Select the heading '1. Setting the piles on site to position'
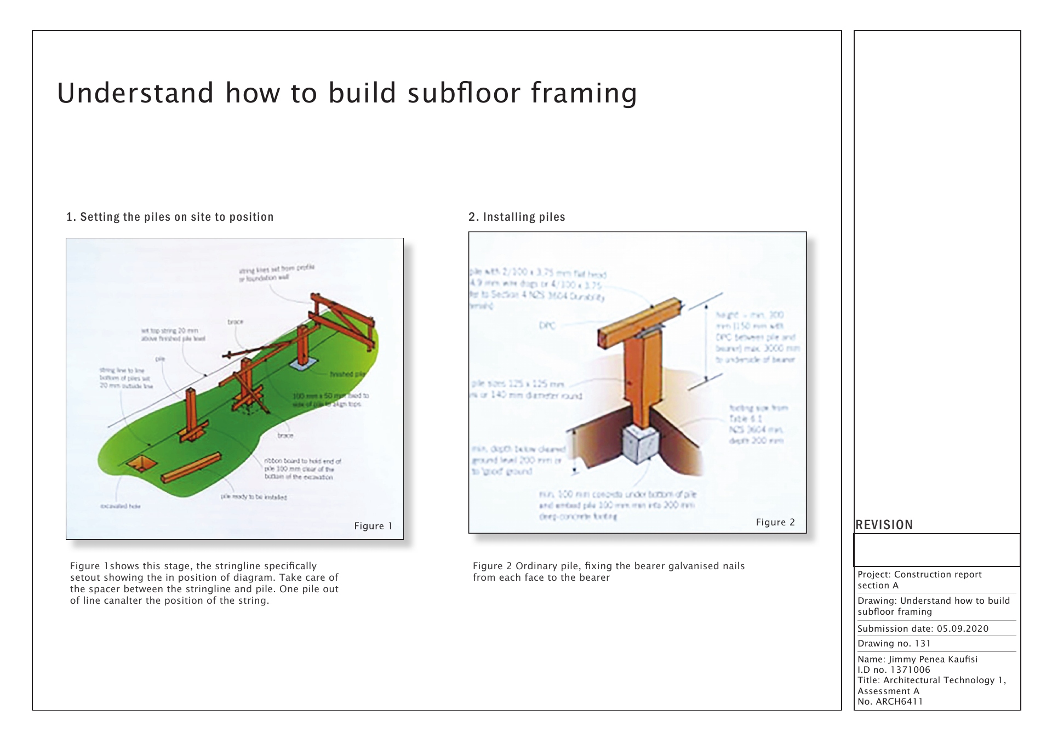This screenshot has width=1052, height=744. [170, 217]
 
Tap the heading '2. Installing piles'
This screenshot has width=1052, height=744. [517, 217]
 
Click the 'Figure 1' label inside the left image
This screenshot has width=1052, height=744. [373, 526]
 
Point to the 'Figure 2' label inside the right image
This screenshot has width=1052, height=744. [775, 522]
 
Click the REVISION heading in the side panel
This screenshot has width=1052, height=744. [884, 525]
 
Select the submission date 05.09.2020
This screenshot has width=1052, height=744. [962, 628]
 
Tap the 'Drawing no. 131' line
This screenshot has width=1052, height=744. [894, 643]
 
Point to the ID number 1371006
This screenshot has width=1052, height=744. [910, 669]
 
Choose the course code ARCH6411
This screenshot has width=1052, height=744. [899, 701]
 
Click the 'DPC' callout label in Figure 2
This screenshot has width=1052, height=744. [547, 325]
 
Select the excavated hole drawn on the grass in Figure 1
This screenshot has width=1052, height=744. [141, 463]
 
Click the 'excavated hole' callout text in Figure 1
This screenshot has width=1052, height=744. [120, 506]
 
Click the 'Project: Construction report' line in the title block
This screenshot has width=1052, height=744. [919, 574]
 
